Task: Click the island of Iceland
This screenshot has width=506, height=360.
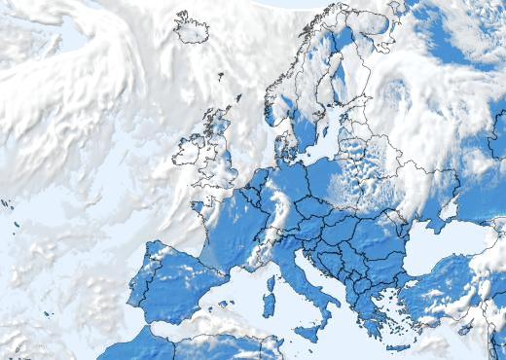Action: pos(192,28)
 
